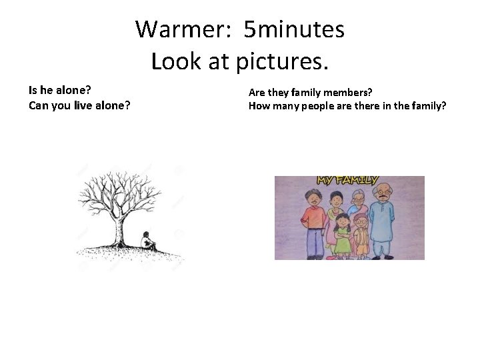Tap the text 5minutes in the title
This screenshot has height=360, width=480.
coord(294,29)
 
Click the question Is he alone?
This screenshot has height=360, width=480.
coord(60,89)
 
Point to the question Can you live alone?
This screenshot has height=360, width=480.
coord(79,105)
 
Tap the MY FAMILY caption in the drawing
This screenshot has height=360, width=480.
coord(347,180)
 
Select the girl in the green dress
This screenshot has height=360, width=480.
coord(343,237)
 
